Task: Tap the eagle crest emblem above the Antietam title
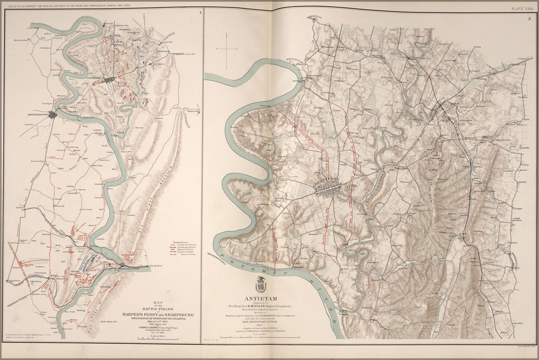pos(261,284)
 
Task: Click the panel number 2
pos(529,19)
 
